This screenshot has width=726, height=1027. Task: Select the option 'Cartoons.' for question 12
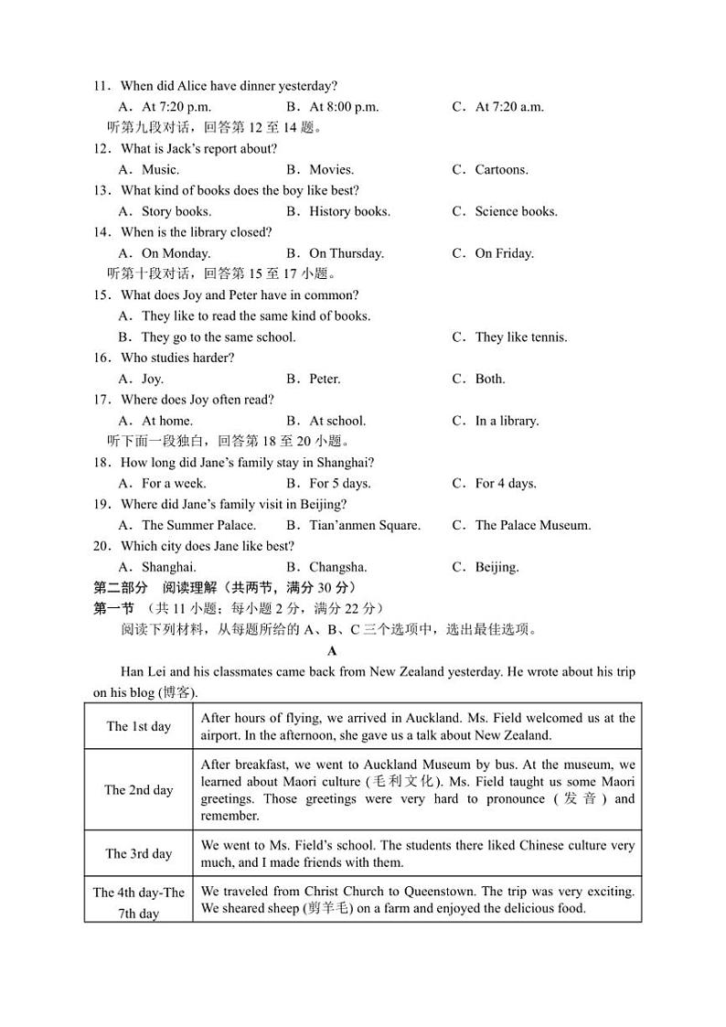[501, 170]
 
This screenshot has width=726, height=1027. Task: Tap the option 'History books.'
[349, 212]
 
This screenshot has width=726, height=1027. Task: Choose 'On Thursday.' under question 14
[347, 254]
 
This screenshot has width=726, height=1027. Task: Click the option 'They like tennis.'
[520, 337]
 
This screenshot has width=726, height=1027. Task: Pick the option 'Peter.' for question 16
[325, 380]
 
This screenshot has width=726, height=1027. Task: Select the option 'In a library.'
[507, 422]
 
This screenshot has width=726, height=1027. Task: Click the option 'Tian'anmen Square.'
[365, 526]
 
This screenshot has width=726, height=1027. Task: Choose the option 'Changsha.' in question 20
[337, 568]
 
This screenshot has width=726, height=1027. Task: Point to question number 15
[101, 295]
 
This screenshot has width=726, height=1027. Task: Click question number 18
[101, 463]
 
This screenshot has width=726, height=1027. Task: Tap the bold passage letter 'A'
[332, 651]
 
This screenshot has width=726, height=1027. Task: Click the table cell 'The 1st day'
[138, 727]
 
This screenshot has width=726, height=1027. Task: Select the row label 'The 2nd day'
[138, 790]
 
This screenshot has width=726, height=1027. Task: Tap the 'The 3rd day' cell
[138, 854]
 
